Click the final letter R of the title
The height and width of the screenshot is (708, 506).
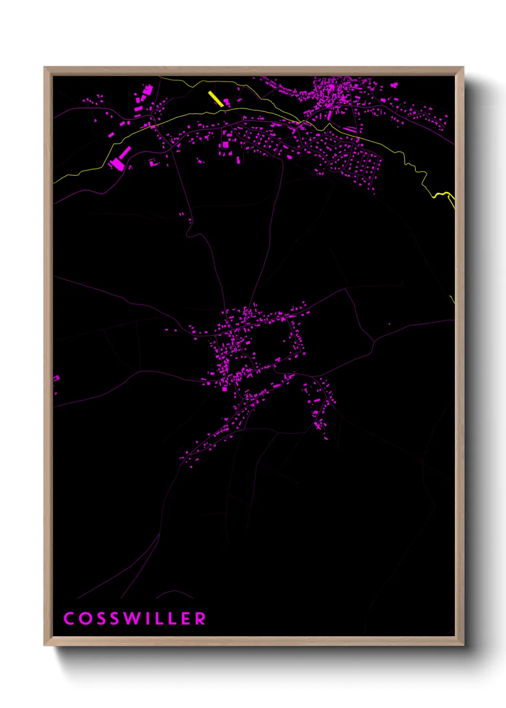[200, 619]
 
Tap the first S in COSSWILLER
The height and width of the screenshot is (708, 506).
[100, 619]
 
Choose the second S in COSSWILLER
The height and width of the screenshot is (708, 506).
[114, 619]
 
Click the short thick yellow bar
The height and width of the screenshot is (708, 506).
[215, 98]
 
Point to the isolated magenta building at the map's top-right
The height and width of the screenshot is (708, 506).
[394, 85]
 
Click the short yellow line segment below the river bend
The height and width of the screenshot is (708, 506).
[452, 299]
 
